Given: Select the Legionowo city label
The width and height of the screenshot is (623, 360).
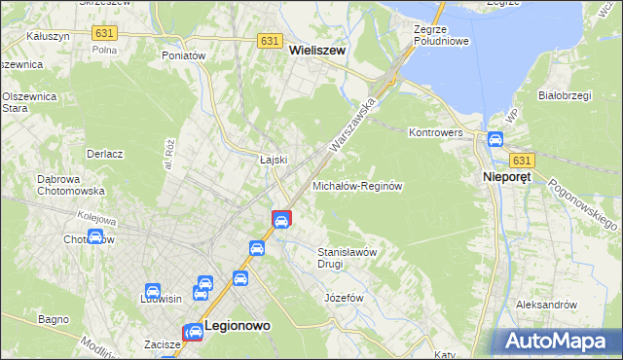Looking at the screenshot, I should tap(237, 328).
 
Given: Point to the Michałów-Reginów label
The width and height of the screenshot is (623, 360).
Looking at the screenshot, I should tap(357, 185).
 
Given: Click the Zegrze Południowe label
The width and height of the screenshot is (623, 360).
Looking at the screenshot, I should tap(441, 36).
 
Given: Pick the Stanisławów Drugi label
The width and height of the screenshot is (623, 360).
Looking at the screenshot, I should tap(348, 257).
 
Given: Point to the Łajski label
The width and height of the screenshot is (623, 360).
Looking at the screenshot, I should tap(272, 160).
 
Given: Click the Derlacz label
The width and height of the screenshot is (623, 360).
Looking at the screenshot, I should tap(105, 154).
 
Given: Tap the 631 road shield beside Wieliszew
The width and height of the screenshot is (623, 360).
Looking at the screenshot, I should tap(272, 41).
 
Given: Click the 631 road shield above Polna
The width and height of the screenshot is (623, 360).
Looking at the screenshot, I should tap(103, 32).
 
